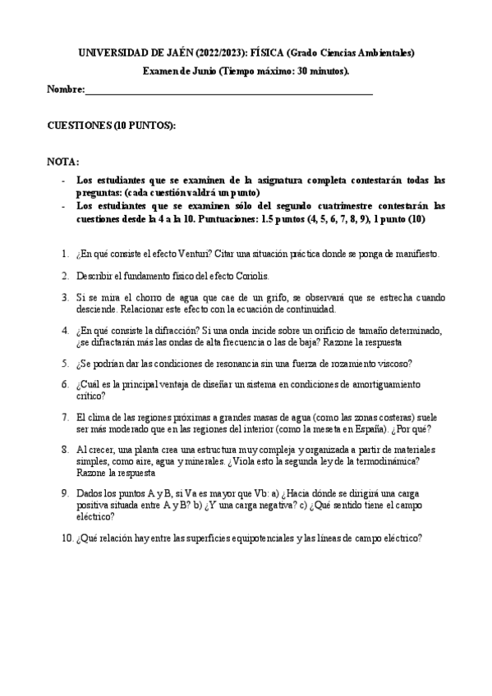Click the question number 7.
click(x=65, y=417)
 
